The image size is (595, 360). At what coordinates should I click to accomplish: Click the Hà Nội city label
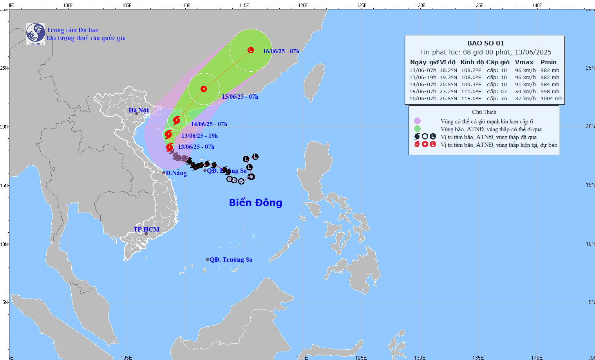(139, 110)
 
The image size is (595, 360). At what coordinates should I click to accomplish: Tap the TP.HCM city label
(146, 229)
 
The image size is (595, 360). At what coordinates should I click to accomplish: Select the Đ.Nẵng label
(176, 173)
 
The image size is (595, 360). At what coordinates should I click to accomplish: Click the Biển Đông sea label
(255, 203)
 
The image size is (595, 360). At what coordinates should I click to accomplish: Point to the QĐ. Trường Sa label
(231, 259)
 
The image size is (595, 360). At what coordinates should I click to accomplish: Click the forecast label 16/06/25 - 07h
(281, 51)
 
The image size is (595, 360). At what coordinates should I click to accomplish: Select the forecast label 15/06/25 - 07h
(240, 97)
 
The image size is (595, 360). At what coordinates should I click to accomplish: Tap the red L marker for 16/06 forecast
(251, 50)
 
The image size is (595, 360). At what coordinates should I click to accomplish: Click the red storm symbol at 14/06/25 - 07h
(176, 120)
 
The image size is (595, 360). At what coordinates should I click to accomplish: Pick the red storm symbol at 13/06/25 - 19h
(168, 135)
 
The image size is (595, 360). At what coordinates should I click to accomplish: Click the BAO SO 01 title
(486, 43)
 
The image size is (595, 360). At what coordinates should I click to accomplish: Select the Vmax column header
(524, 62)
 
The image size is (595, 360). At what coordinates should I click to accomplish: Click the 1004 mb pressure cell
(551, 99)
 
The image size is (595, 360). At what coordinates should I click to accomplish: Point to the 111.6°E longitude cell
(471, 92)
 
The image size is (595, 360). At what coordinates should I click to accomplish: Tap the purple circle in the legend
(417, 121)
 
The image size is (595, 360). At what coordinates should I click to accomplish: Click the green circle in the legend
(417, 129)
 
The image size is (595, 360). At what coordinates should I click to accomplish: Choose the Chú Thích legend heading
(484, 112)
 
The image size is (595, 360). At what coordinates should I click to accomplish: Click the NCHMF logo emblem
(36, 34)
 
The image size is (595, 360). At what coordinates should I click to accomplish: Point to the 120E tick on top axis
(302, 5)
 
